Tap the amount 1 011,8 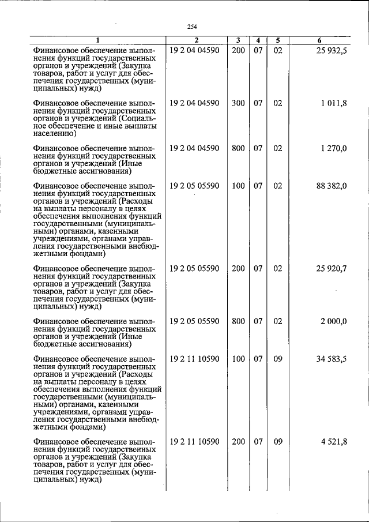334,103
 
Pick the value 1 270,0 334,148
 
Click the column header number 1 97,40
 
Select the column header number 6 319,40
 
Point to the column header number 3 238,40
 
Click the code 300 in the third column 238,103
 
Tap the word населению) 55,133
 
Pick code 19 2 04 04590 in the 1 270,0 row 194,148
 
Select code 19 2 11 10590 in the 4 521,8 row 194,442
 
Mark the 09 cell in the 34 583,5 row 277,359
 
